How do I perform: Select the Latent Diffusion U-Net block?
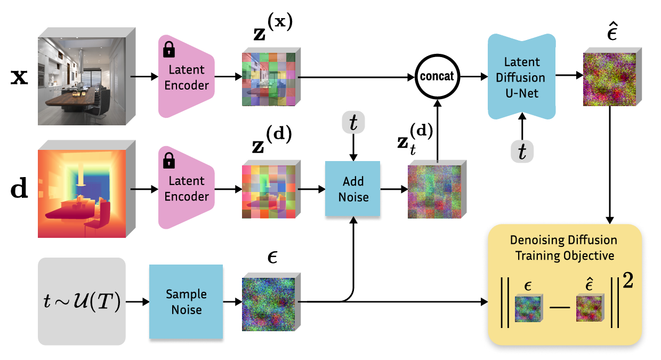(x=522, y=77)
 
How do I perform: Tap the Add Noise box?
(x=353, y=189)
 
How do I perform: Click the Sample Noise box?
(x=186, y=301)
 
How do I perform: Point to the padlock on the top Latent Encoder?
(x=169, y=49)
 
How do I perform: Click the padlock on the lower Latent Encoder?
(x=169, y=161)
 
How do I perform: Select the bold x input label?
(x=19, y=77)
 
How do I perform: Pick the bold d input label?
(x=19, y=188)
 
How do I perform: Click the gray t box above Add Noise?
(x=353, y=122)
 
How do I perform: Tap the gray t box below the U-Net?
(x=522, y=151)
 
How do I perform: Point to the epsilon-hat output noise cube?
(x=612, y=77)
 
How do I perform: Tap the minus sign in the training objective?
(x=560, y=307)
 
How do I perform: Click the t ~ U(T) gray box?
(x=82, y=301)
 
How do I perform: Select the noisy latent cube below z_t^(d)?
(x=437, y=189)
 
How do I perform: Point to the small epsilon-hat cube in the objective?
(x=590, y=308)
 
